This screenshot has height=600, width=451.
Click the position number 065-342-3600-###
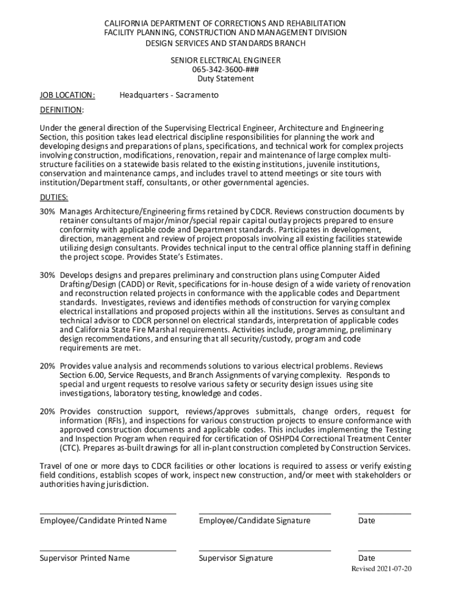pyautogui.click(x=225, y=70)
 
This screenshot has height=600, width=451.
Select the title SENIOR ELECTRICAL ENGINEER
pyautogui.click(x=225, y=60)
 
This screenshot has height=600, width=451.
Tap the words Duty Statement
pyautogui.click(x=225, y=79)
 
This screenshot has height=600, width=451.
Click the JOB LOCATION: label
pyautogui.click(x=67, y=95)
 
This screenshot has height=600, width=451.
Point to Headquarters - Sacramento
pyautogui.click(x=169, y=95)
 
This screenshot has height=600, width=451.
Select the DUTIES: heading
pyautogui.click(x=54, y=197)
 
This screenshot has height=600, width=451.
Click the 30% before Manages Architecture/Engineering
pyautogui.click(x=47, y=212)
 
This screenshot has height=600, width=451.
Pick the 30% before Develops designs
pyautogui.click(x=47, y=275)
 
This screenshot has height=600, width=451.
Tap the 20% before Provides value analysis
pyautogui.click(x=47, y=366)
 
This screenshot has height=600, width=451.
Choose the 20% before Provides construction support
pyautogui.click(x=47, y=411)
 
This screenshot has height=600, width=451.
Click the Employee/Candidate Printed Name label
pyautogui.click(x=103, y=521)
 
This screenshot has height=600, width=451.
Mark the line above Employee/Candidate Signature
pyautogui.click(x=265, y=514)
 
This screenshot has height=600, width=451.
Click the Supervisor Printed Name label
pyautogui.click(x=85, y=558)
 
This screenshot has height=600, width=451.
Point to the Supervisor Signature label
pyautogui.click(x=236, y=558)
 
